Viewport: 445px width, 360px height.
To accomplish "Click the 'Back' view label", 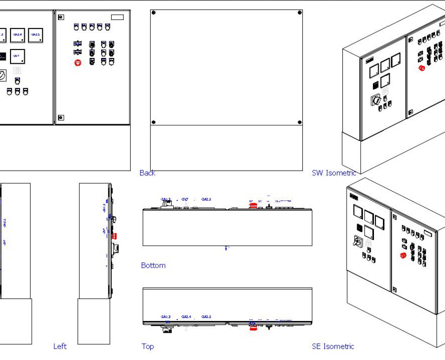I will [147, 173].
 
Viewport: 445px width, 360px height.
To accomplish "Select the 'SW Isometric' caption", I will [334, 173].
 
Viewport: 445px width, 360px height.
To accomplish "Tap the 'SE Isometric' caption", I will [333, 346].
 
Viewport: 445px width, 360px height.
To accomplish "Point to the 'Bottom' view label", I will [153, 265].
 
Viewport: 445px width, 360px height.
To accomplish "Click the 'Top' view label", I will [147, 346].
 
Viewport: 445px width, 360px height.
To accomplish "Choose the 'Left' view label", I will [60, 346].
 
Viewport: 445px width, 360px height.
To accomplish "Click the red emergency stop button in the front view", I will [78, 63].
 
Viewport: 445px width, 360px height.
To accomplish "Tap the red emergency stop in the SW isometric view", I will [421, 68].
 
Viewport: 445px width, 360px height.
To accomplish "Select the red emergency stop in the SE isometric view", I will [403, 256].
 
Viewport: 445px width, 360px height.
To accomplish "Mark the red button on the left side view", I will [114, 236].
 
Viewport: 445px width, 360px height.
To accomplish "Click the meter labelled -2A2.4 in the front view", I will [17, 35].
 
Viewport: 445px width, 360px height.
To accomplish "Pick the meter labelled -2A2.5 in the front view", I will [35, 35].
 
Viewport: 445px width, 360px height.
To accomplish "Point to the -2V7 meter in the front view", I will [17, 56].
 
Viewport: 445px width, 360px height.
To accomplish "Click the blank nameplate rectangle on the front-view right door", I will [117, 17].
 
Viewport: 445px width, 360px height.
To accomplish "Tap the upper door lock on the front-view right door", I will [61, 17].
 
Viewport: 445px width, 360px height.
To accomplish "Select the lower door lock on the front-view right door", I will [61, 117].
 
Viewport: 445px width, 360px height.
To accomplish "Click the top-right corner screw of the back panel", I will [300, 13].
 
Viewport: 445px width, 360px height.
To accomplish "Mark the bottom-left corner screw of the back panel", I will [153, 123].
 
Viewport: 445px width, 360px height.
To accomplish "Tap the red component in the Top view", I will [253, 327].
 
